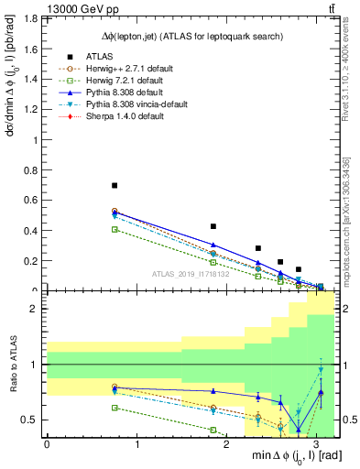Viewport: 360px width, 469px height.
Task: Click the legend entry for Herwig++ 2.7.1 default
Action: (x=115, y=68)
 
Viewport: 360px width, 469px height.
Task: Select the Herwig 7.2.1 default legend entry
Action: (x=113, y=80)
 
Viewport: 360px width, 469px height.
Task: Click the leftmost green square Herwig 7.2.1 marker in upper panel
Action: (x=115, y=229)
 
